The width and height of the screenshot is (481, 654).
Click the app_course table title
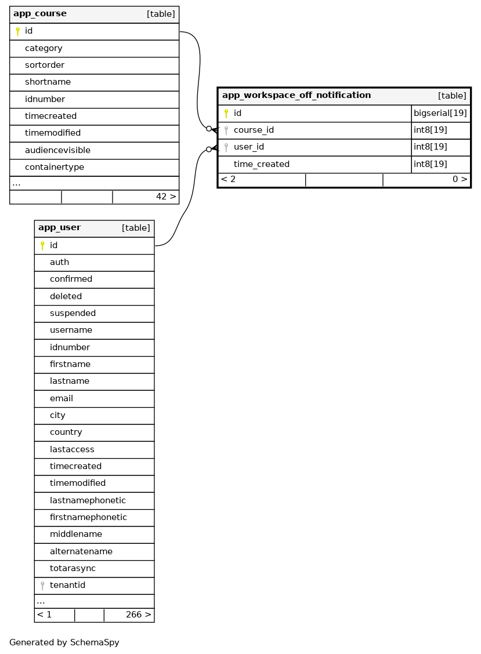click(x=40, y=14)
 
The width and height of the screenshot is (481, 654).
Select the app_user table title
click(x=59, y=228)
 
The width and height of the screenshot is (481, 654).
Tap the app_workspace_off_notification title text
click(x=296, y=96)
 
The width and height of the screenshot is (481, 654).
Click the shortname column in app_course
click(x=48, y=82)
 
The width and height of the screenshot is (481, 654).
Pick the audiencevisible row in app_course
click(x=57, y=150)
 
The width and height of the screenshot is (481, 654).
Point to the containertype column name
click(x=55, y=167)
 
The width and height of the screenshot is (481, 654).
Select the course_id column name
click(x=254, y=130)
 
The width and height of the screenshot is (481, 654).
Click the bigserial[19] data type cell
click(x=440, y=113)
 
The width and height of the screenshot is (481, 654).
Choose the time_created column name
click(x=262, y=164)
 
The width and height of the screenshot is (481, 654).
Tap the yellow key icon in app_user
click(x=42, y=246)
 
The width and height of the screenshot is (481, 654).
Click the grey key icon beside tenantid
click(x=42, y=586)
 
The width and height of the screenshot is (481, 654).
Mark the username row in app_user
click(x=71, y=330)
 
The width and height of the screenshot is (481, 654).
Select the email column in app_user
click(x=62, y=398)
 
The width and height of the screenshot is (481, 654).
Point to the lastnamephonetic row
click(x=88, y=500)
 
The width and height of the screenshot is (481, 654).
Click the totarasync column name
click(x=73, y=568)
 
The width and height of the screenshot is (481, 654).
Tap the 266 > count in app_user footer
click(x=138, y=615)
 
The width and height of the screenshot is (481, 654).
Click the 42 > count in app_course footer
click(x=166, y=197)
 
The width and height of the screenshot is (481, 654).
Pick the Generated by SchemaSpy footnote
click(x=64, y=642)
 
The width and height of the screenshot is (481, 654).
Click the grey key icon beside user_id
click(x=226, y=147)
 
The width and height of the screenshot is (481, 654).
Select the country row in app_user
click(x=66, y=432)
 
